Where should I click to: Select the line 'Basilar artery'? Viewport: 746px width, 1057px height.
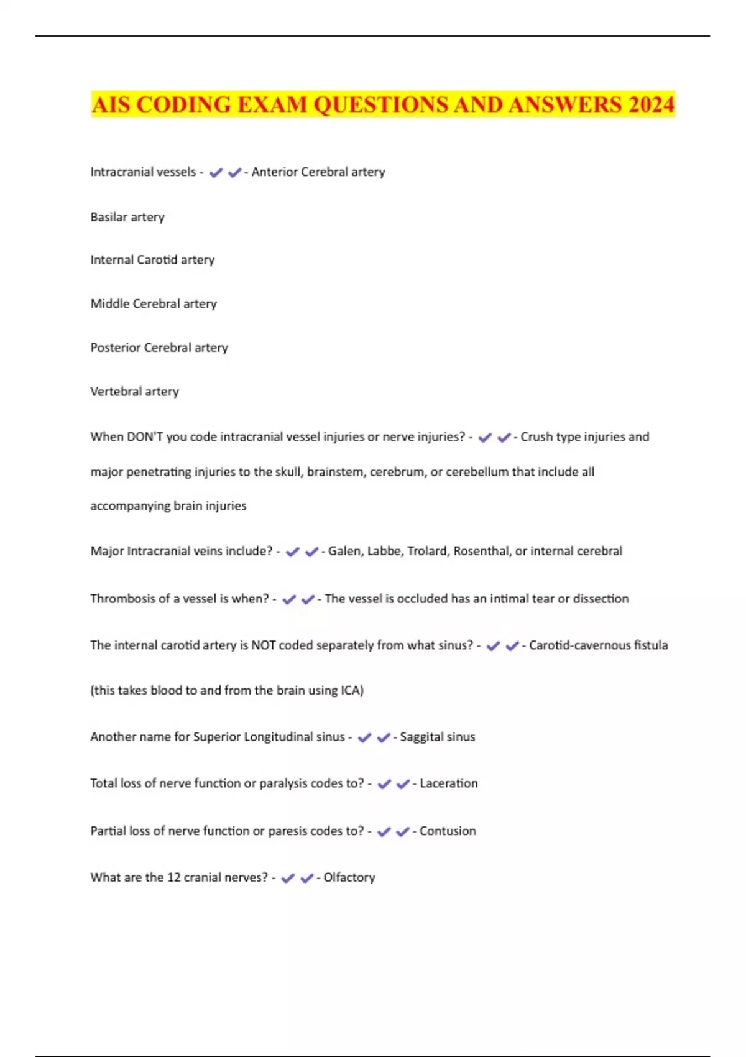(127, 217)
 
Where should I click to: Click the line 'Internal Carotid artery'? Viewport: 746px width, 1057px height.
(152, 260)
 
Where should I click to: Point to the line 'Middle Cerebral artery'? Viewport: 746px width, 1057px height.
(154, 303)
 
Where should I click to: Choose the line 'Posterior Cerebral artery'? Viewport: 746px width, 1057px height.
(159, 348)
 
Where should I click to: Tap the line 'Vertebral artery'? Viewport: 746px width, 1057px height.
(134, 392)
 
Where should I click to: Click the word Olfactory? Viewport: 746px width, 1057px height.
(349, 877)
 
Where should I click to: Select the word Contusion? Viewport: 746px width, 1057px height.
(448, 831)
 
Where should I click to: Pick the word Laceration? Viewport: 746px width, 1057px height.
(449, 783)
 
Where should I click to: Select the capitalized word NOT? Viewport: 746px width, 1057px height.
(263, 645)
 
